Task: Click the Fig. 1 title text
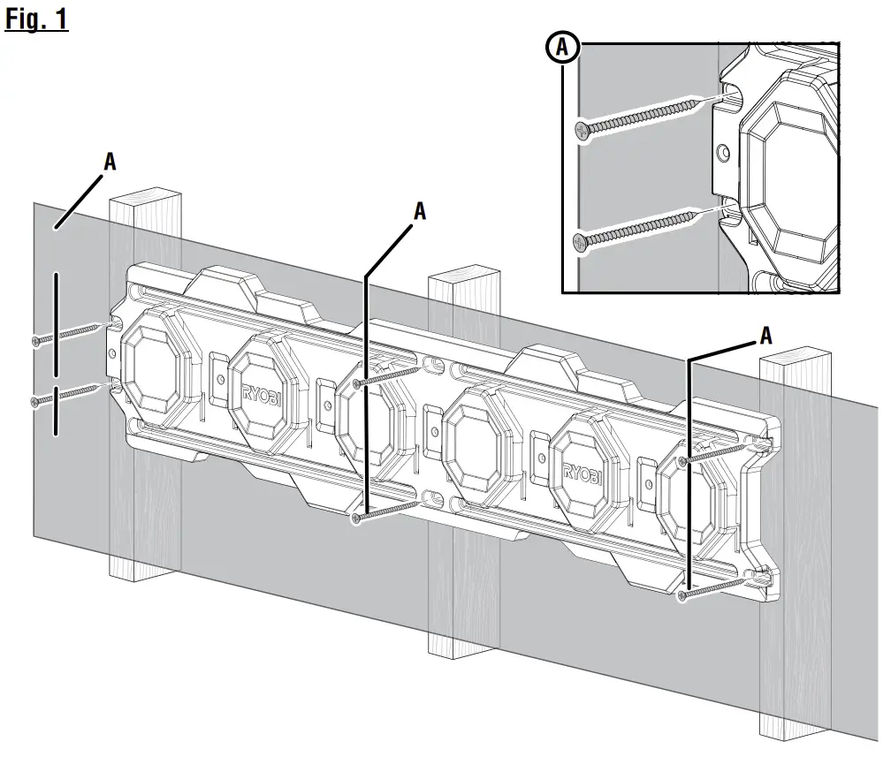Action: [36, 19]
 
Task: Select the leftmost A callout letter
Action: [110, 161]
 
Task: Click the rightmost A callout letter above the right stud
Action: [765, 335]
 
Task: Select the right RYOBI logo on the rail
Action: [580, 481]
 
